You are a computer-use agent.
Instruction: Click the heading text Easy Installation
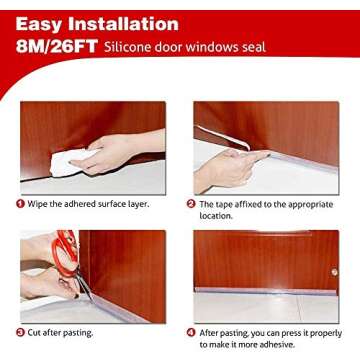click(x=97, y=23)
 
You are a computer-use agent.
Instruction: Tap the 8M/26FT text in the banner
click(x=50, y=47)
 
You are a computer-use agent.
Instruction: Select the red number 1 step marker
click(x=20, y=203)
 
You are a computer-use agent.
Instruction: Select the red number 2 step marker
click(x=191, y=203)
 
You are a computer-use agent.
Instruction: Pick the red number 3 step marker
click(x=20, y=332)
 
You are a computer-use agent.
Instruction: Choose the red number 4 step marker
click(x=191, y=332)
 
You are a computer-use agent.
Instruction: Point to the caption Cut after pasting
click(x=62, y=332)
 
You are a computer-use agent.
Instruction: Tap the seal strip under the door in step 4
click(x=265, y=293)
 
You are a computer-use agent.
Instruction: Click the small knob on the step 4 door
click(x=333, y=271)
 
